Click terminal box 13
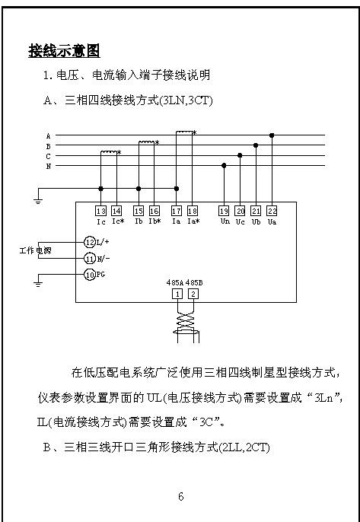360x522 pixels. (x=101, y=211)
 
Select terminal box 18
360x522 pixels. (x=193, y=211)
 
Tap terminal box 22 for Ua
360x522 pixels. (x=272, y=211)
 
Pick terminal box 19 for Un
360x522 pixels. (x=224, y=211)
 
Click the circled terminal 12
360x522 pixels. (x=89, y=242)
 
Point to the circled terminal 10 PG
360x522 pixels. (x=89, y=274)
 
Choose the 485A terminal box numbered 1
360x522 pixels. (x=178, y=294)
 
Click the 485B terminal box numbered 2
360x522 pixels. (x=193, y=294)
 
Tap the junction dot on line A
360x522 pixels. (x=272, y=135)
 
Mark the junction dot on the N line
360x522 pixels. (x=224, y=165)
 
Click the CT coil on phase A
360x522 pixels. (x=184, y=132)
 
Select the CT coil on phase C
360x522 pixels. (x=109, y=152)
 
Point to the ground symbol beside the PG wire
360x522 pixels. (x=39, y=284)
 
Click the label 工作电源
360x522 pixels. (x=35, y=250)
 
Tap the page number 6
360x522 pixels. (x=181, y=497)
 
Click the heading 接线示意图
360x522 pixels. (x=64, y=51)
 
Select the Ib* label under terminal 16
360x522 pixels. (x=155, y=221)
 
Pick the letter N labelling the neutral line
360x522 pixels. (x=48, y=166)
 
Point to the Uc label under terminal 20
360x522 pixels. (x=240, y=221)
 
